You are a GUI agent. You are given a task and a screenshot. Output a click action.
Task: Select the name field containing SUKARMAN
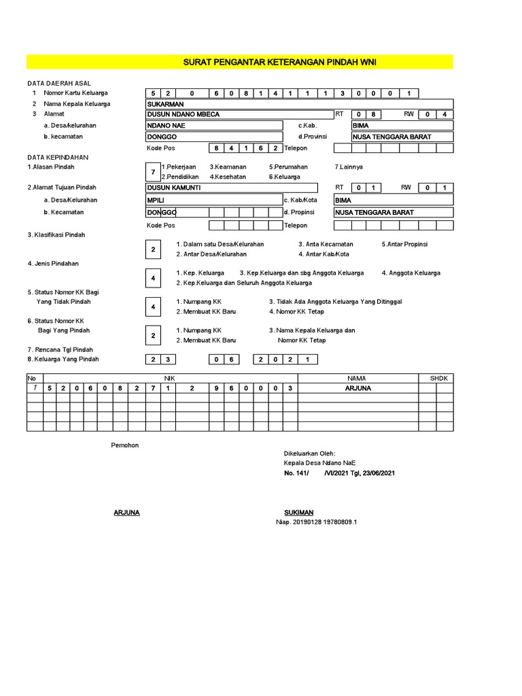click(299, 104)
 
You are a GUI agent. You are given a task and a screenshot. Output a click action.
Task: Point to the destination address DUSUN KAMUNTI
click(231, 188)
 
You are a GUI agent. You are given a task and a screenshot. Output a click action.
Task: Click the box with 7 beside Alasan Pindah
click(153, 171)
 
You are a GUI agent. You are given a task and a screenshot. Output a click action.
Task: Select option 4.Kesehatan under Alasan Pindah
click(228, 177)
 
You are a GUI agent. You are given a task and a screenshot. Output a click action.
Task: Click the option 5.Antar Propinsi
click(404, 244)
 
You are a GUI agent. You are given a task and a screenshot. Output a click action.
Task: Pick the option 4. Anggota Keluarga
click(411, 273)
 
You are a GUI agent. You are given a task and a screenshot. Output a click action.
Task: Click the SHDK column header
click(436, 377)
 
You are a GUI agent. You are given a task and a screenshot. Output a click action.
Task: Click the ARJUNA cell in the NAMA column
click(358, 388)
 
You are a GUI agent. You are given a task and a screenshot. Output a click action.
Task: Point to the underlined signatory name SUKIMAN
click(299, 512)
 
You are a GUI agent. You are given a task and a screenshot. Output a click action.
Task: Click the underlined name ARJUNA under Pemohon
click(126, 512)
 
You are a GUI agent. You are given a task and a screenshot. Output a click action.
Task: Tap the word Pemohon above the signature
click(124, 445)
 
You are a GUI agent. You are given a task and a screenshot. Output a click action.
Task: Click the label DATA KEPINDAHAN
click(58, 157)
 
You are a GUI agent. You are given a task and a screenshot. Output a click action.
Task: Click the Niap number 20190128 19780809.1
click(316, 522)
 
